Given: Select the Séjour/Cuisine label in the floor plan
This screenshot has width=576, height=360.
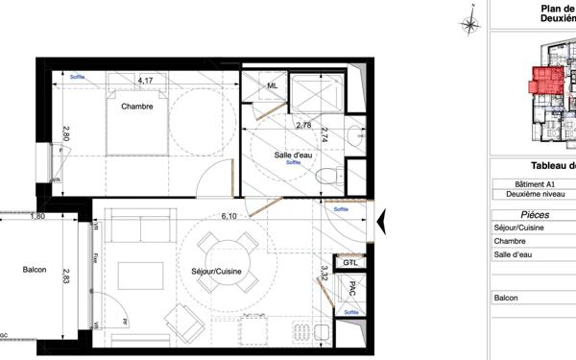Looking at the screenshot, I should click(215, 272).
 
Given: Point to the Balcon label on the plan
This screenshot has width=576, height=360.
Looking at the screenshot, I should click(35, 270).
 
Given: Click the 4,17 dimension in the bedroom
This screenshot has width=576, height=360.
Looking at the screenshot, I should click(145, 80).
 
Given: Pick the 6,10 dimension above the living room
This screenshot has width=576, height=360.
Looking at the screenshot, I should click(228, 216).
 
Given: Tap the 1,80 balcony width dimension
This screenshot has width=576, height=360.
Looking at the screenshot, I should click(37, 216).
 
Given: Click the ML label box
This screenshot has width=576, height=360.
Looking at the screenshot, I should click(273, 86).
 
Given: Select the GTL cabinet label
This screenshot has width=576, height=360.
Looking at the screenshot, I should click(350, 261).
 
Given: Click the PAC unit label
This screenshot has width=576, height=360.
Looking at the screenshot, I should click(352, 288).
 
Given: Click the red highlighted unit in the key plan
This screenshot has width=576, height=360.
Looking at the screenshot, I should click(547, 81).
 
